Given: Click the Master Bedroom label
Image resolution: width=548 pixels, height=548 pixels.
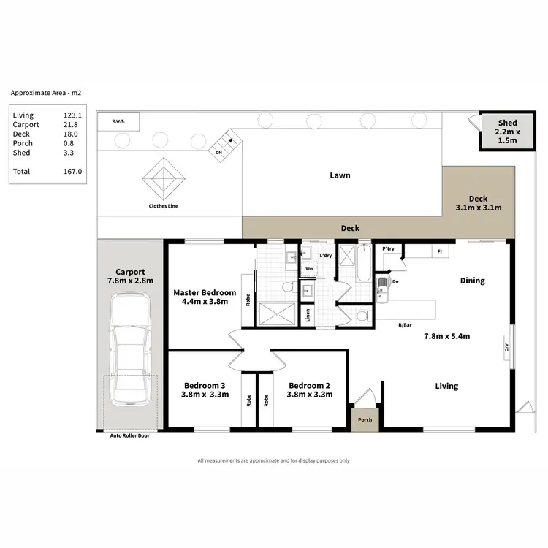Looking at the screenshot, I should pos(205,293).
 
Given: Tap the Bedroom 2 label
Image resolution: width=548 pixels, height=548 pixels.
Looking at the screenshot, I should pos(311,386).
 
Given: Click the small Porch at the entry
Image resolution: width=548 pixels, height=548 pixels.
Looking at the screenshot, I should pos(364,419).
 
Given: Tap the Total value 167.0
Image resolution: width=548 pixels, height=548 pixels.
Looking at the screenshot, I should pos(73,171).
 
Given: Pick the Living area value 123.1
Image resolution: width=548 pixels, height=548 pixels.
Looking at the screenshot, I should pos(73,115).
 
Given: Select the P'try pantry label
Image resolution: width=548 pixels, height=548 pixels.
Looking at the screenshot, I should pos(389,249).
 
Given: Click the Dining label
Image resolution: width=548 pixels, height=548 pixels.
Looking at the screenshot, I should pos(472,281).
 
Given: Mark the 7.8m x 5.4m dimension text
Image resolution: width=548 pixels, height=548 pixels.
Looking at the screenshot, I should pos(446,336).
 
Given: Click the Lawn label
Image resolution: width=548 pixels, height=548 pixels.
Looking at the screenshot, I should pos(340,175).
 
